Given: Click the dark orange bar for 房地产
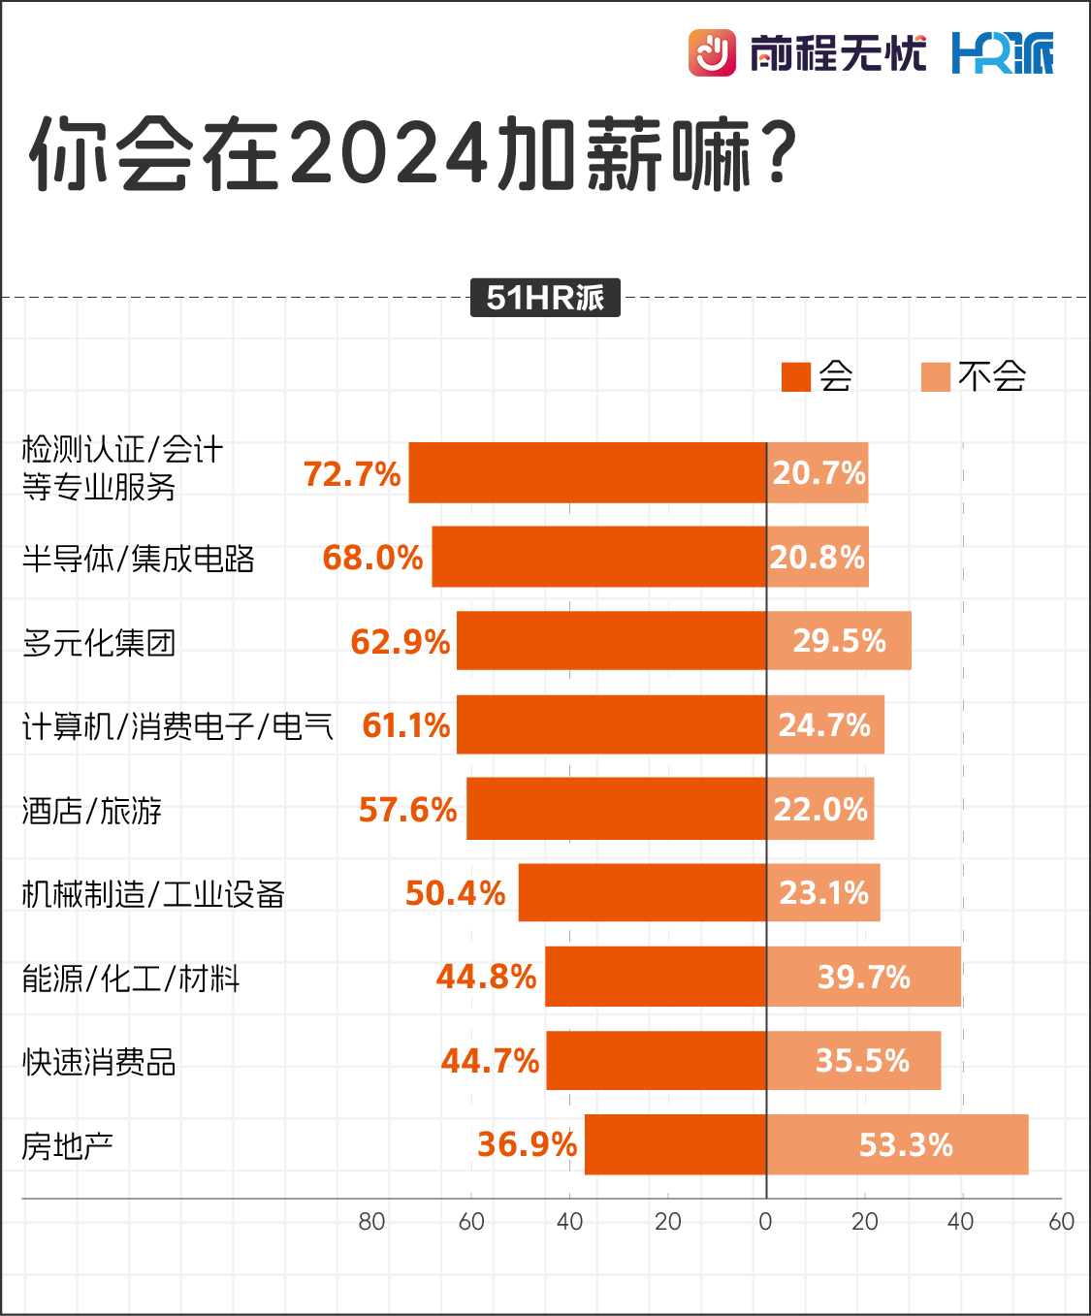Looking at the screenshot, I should [x=675, y=1144].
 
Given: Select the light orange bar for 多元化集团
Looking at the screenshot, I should [x=839, y=640].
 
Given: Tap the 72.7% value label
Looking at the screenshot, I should [x=351, y=474].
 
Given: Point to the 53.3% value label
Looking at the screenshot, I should [x=906, y=1145].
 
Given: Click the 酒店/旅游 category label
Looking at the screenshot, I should [x=92, y=811].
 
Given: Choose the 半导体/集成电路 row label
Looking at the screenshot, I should [x=138, y=559].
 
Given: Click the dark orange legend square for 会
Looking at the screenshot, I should [x=796, y=376].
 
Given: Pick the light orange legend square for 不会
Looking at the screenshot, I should [x=936, y=376].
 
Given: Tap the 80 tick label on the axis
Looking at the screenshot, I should [x=371, y=1222].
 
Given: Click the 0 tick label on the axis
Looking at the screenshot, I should [x=765, y=1222].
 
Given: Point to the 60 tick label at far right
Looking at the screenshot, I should [x=1061, y=1222].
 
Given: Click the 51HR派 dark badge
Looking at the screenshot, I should [x=545, y=298].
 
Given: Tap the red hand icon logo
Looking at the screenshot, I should [x=712, y=52].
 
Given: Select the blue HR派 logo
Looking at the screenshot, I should [x=1002, y=52].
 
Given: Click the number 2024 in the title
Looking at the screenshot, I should [x=388, y=154].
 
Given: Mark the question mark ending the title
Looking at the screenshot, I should [x=779, y=153].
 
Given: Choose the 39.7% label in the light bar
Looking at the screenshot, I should [x=863, y=977].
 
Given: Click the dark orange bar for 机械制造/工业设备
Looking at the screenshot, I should [x=642, y=892].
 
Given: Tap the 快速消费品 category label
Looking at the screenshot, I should [x=99, y=1062].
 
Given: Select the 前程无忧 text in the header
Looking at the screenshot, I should [x=838, y=52].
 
